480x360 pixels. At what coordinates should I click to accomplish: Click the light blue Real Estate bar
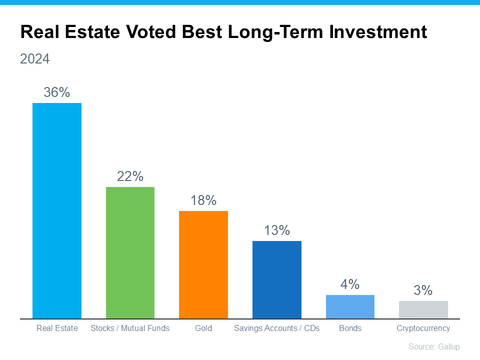tap(57, 210)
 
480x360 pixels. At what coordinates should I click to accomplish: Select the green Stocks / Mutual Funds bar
tap(130, 252)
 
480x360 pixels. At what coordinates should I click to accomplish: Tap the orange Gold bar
tap(203, 264)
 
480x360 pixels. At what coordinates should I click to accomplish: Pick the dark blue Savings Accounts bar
tap(277, 279)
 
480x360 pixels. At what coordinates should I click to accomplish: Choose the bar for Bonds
tap(350, 306)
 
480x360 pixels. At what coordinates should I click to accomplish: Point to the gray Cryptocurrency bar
tap(423, 309)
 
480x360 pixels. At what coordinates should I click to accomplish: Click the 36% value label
tap(57, 92)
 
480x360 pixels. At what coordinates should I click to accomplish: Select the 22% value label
tap(130, 176)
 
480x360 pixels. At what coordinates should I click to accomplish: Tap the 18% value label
tap(203, 200)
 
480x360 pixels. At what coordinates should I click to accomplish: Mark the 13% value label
tap(277, 230)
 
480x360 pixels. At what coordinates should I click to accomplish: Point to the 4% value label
tap(350, 284)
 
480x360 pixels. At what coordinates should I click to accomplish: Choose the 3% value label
tap(423, 290)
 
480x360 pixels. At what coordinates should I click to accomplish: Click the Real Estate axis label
tap(57, 328)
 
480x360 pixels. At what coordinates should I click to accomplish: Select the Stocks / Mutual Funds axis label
tap(130, 328)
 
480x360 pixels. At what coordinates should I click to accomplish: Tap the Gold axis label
tap(203, 328)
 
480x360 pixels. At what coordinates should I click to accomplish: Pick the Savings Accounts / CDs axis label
tap(277, 328)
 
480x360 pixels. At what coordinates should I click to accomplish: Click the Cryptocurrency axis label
tap(423, 328)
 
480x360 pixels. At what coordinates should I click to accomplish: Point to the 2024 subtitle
tap(35, 59)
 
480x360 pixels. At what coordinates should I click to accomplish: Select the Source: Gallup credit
tap(434, 346)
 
